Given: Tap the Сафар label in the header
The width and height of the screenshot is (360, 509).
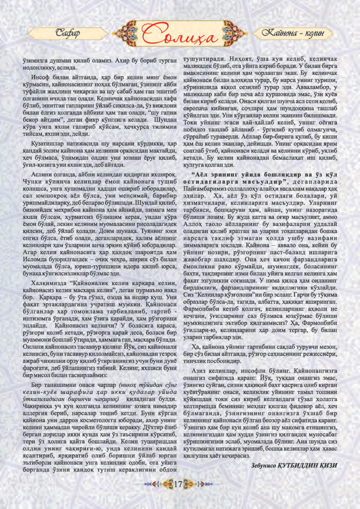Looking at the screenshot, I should (x=68, y=33).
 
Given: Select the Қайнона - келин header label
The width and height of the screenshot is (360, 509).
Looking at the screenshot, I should (x=293, y=33).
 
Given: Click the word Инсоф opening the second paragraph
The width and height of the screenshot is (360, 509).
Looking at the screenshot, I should (x=39, y=78).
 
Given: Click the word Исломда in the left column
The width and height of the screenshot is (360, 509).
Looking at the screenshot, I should (x=33, y=260).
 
